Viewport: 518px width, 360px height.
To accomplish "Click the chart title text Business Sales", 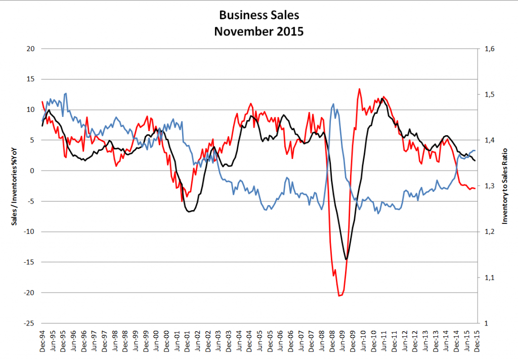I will point(258,14).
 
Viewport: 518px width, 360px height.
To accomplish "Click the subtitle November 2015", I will point(258,31).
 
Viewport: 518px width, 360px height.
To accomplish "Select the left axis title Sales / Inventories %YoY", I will point(15,186).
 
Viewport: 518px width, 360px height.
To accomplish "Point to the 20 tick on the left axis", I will point(30,49).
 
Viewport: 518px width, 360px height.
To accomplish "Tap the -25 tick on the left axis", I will point(29,324).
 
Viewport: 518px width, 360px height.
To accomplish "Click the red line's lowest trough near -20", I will point(339,295).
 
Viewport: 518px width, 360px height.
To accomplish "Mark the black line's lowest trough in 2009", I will point(347,259).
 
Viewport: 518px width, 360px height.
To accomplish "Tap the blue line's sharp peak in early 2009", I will point(333,104).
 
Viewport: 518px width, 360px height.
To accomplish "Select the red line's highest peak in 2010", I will point(359,89).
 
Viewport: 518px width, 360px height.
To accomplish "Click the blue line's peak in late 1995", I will point(66,93).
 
